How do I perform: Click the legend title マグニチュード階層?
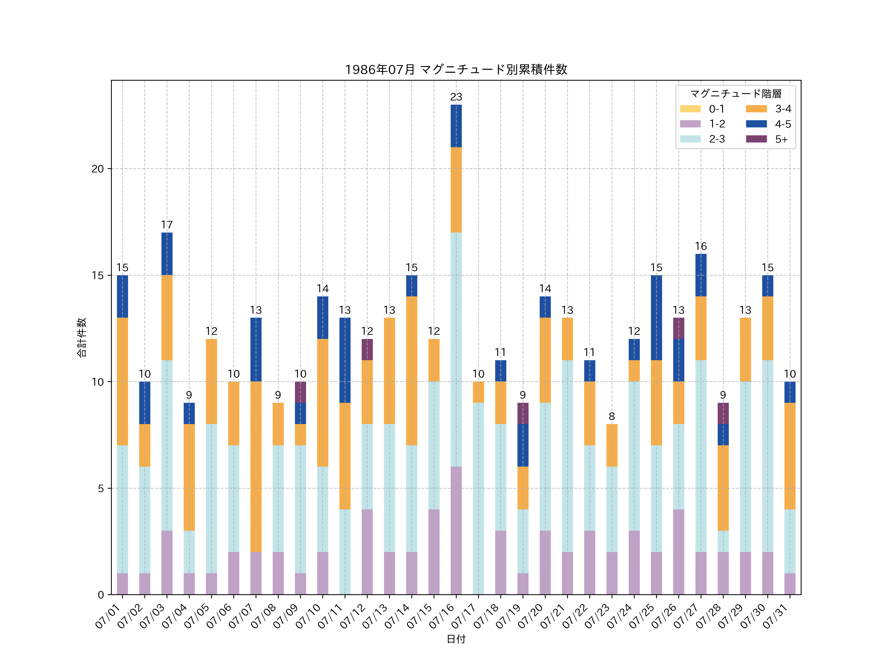click(735, 94)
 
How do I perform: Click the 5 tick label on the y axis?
click(101, 488)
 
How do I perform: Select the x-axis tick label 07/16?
click(443, 616)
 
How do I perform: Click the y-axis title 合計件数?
click(82, 337)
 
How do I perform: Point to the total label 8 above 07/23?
click(612, 416)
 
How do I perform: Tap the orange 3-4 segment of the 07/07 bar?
click(256, 467)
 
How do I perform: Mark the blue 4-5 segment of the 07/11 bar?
click(345, 360)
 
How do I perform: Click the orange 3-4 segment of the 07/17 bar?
click(478, 392)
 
